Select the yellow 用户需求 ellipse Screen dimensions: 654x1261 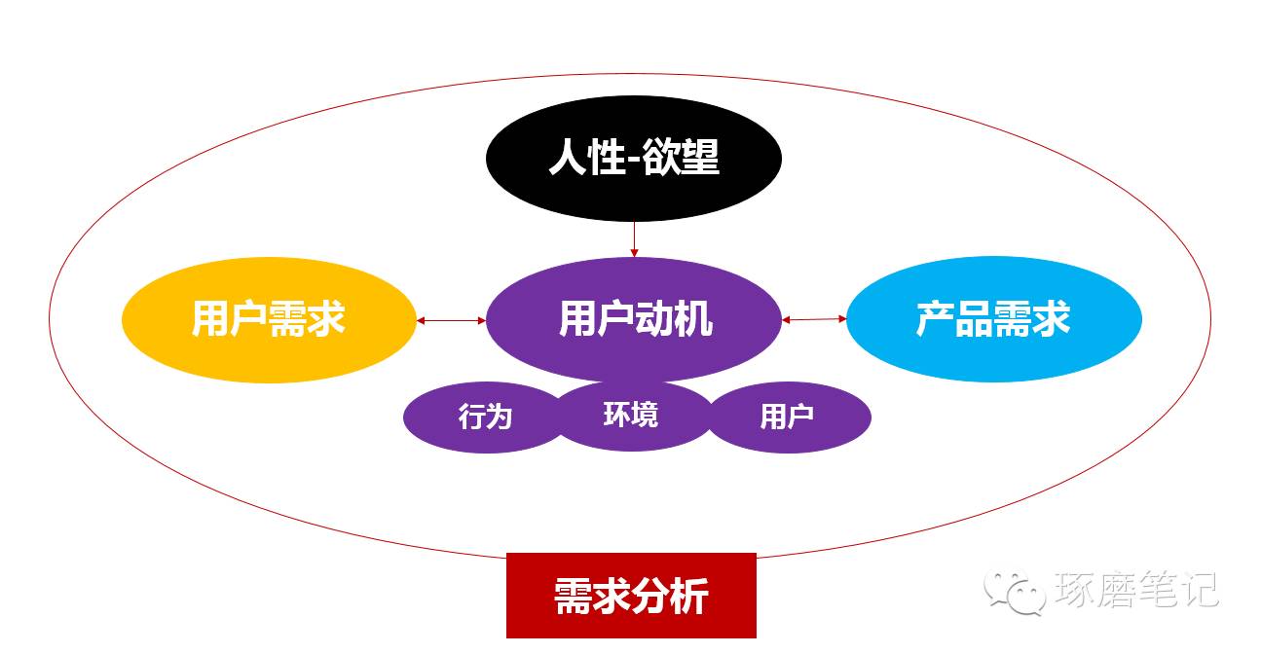point(269,318)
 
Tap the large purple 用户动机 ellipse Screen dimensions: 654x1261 point(634,319)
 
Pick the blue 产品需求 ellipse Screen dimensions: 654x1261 point(993,319)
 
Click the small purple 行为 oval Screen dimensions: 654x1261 point(485,418)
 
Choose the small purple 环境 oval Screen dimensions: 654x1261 point(631,415)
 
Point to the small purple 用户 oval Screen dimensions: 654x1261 point(787,418)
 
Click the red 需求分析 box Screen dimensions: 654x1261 point(631,595)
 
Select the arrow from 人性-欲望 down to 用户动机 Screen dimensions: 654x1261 point(634,238)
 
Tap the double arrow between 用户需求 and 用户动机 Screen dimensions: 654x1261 point(451,319)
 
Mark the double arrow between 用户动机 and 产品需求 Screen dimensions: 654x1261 point(814,319)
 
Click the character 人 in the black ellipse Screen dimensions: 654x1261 point(567,157)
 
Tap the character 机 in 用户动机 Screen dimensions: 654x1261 point(693,319)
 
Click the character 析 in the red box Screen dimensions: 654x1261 point(689,596)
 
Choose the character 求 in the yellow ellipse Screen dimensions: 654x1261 point(327,318)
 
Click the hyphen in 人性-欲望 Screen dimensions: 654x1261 point(631,160)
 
